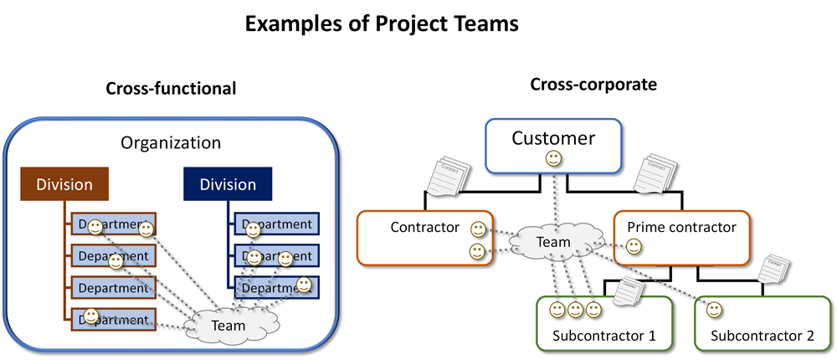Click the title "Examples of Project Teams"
coord(382,24)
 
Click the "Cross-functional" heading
coord(171,88)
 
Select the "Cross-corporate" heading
coord(593,85)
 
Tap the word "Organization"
coord(171,143)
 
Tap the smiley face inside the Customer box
coord(553,157)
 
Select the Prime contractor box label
coord(681,227)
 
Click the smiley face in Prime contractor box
coord(634,246)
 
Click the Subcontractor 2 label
coord(762,337)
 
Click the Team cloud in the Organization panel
coord(229,326)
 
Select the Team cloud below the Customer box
coord(552,243)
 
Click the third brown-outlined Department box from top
coord(112,287)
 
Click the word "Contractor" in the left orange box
coord(425,227)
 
